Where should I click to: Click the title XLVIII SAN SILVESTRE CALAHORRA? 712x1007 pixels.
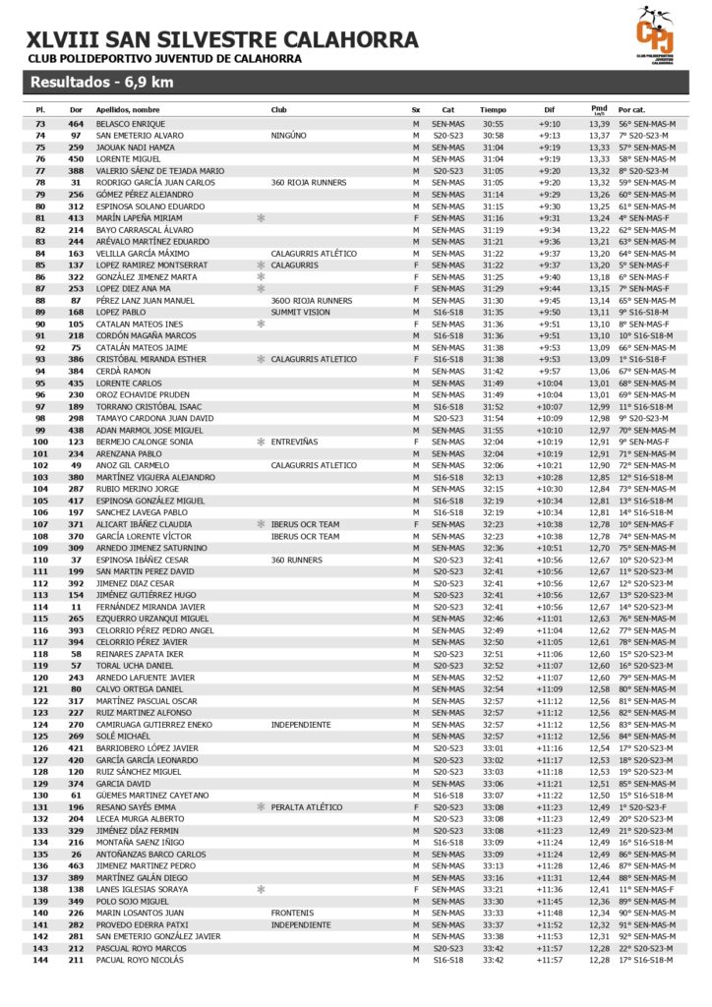click(222, 39)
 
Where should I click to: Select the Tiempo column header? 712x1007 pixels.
click(493, 109)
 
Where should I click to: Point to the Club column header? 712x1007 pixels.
click(279, 109)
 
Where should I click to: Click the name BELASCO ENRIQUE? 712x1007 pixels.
click(131, 124)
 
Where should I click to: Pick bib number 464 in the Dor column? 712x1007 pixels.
click(76, 124)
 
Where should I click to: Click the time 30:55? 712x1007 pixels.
click(493, 124)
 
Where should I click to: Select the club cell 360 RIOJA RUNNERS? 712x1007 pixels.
click(309, 182)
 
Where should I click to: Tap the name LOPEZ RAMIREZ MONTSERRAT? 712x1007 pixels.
click(151, 265)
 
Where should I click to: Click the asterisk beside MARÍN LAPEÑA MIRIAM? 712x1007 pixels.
click(261, 217)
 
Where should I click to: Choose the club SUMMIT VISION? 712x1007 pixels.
click(301, 312)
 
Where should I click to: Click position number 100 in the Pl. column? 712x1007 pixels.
click(40, 442)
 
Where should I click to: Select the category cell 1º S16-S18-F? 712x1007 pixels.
click(646, 359)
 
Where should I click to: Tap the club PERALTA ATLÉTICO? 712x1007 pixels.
click(307, 806)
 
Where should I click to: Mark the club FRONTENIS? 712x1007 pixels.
click(292, 913)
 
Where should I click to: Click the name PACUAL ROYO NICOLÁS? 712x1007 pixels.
click(140, 960)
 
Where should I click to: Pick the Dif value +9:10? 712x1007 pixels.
click(549, 124)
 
